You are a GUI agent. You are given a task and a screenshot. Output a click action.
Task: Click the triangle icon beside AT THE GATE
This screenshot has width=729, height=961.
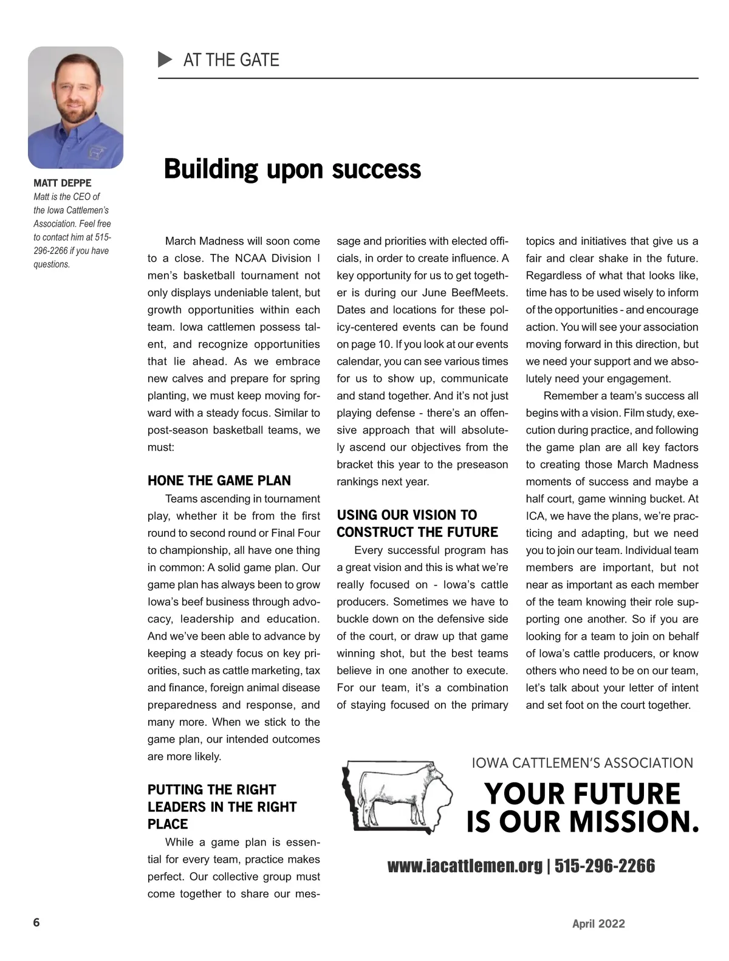pyautogui.click(x=165, y=60)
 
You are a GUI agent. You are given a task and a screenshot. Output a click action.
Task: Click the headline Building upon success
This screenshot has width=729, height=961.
pyautogui.click(x=292, y=169)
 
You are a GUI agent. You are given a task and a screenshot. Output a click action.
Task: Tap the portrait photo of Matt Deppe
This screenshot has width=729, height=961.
pyautogui.click(x=75, y=108)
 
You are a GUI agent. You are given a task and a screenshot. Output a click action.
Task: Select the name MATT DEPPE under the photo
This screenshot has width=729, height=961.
pyautogui.click(x=63, y=183)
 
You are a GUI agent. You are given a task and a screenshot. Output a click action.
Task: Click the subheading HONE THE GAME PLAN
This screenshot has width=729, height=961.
pyautogui.click(x=219, y=480)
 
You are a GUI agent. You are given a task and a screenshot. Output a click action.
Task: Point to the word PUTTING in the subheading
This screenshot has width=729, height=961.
pyautogui.click(x=175, y=790)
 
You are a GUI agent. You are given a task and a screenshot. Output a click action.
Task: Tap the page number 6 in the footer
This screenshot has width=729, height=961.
pyautogui.click(x=36, y=923)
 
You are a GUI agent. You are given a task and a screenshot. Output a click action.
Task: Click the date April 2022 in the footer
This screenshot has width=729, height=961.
pyautogui.click(x=598, y=924)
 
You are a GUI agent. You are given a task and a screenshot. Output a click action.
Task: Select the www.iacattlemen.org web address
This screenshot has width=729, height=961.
pyautogui.click(x=465, y=866)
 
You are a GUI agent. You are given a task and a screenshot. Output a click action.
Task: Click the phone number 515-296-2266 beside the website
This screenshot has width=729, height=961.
pyautogui.click(x=604, y=866)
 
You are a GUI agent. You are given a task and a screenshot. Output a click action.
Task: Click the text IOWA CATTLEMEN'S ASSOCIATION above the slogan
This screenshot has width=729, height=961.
pyautogui.click(x=583, y=763)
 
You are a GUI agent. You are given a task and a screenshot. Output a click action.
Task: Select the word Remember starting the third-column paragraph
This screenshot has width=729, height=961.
pyautogui.click(x=570, y=396)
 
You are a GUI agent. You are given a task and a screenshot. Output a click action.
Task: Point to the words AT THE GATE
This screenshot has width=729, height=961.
pyautogui.click(x=231, y=60)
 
